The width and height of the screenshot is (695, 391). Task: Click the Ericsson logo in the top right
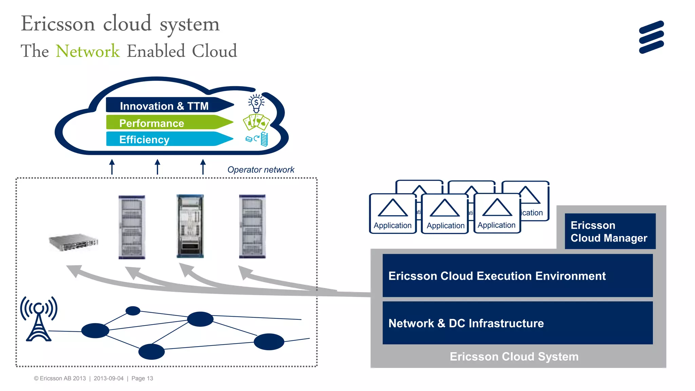click(651, 37)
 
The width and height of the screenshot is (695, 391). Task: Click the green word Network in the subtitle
click(88, 51)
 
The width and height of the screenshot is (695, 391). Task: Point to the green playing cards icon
click(256, 122)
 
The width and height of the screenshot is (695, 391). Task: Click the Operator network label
click(261, 170)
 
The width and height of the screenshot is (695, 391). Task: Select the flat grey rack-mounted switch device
click(73, 242)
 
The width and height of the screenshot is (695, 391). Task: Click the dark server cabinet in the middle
click(190, 226)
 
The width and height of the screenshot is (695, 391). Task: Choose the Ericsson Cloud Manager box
click(610, 231)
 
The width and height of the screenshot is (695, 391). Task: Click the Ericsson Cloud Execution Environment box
click(517, 276)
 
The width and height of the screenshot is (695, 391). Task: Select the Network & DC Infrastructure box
click(517, 323)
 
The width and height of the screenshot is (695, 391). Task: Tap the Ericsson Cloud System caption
click(514, 357)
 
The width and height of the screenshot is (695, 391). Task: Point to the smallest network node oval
click(133, 311)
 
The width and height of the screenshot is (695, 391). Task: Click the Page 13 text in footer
click(142, 378)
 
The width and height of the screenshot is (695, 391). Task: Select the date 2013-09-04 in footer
click(109, 378)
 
